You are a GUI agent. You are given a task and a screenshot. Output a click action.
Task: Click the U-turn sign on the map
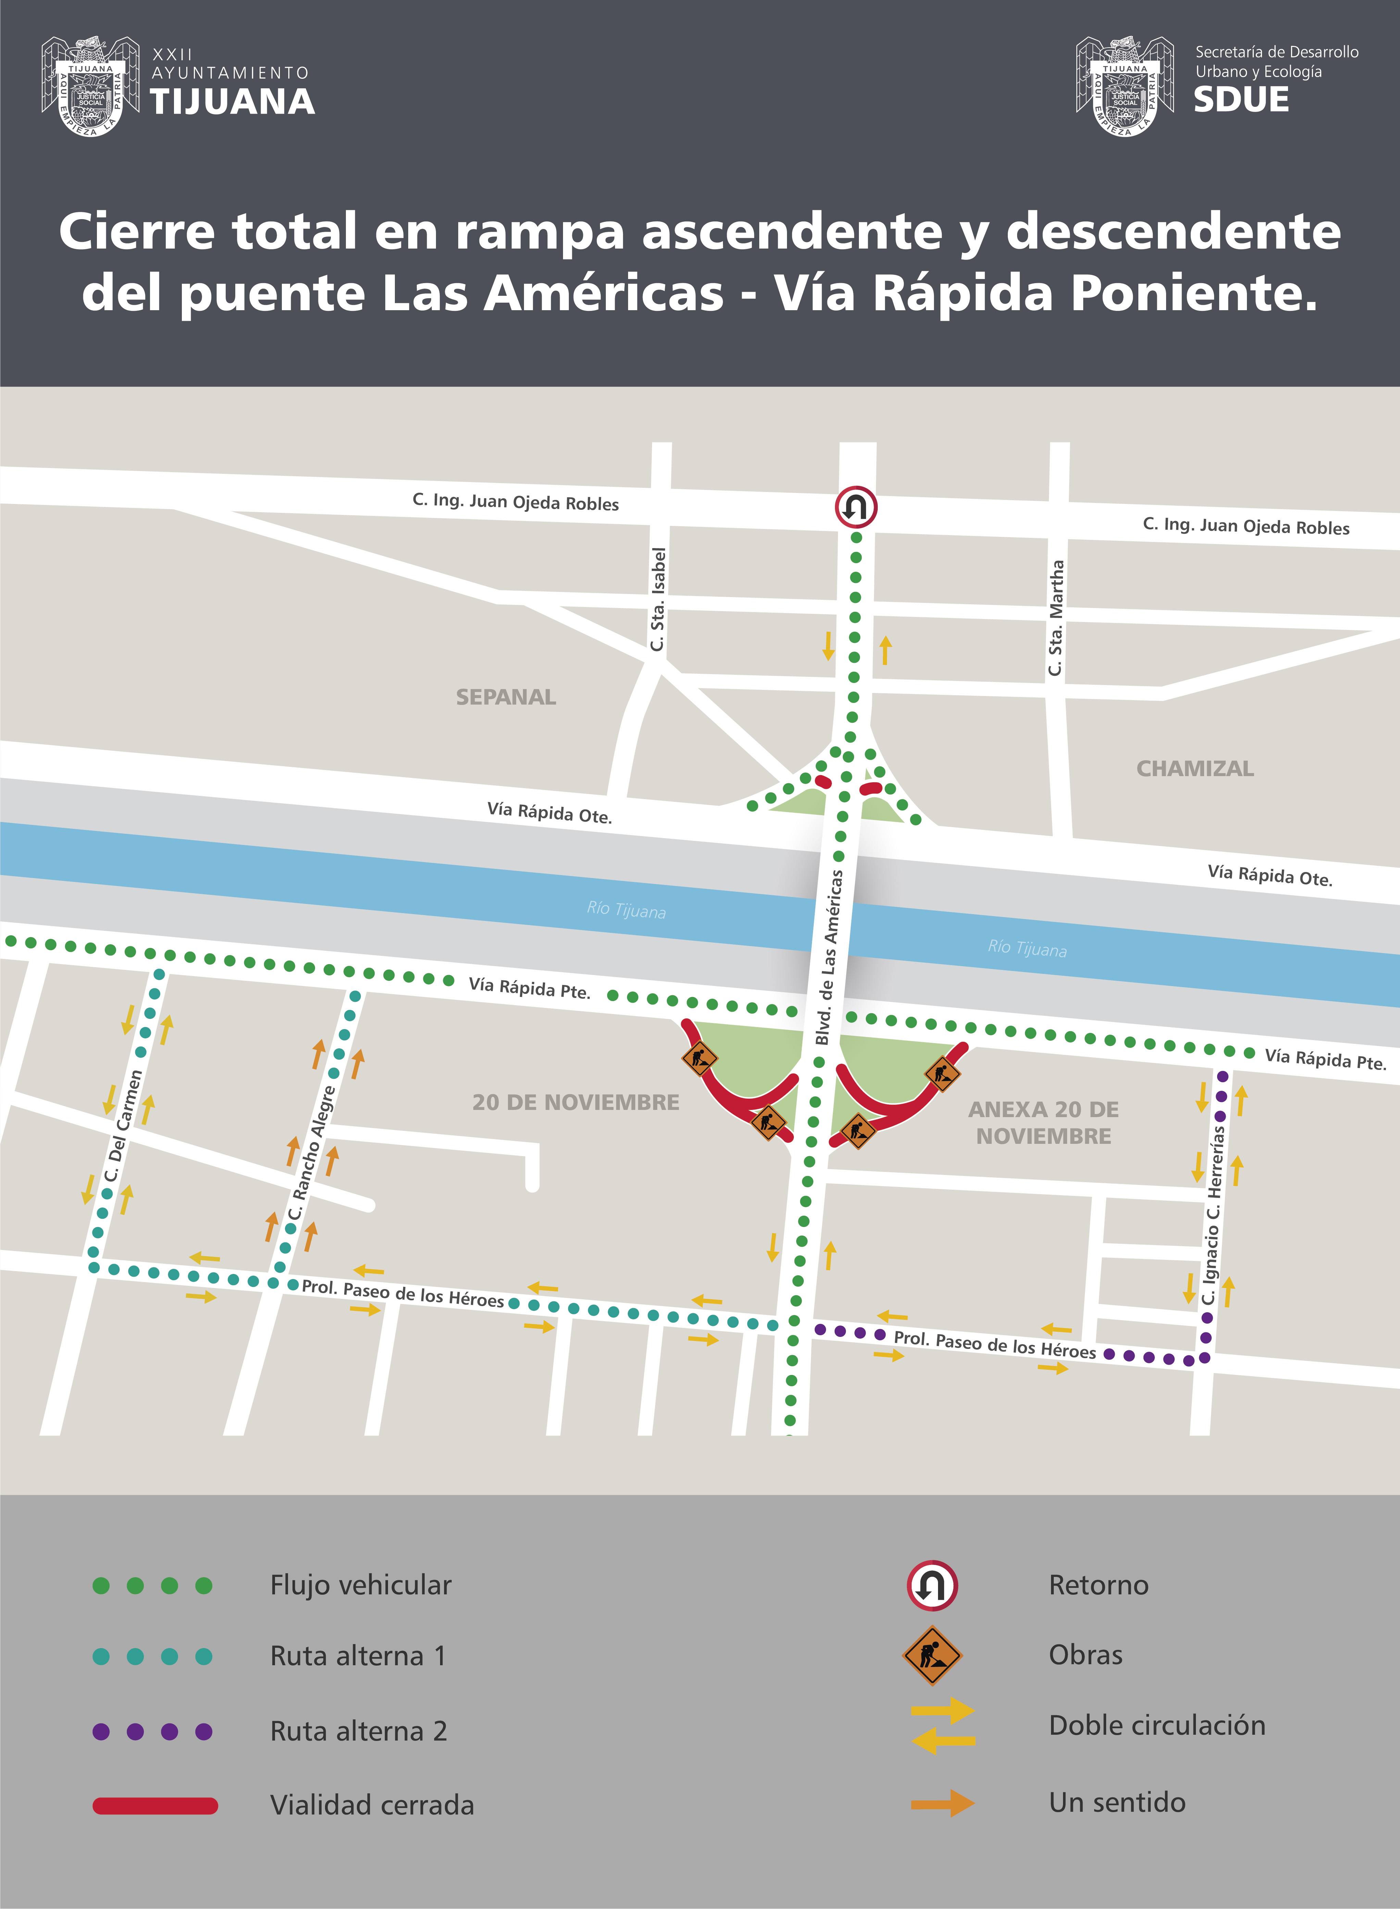point(855,507)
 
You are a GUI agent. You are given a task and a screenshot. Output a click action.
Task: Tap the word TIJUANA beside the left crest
point(232,102)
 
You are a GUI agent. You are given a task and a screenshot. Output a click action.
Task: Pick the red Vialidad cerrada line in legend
point(155,1806)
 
